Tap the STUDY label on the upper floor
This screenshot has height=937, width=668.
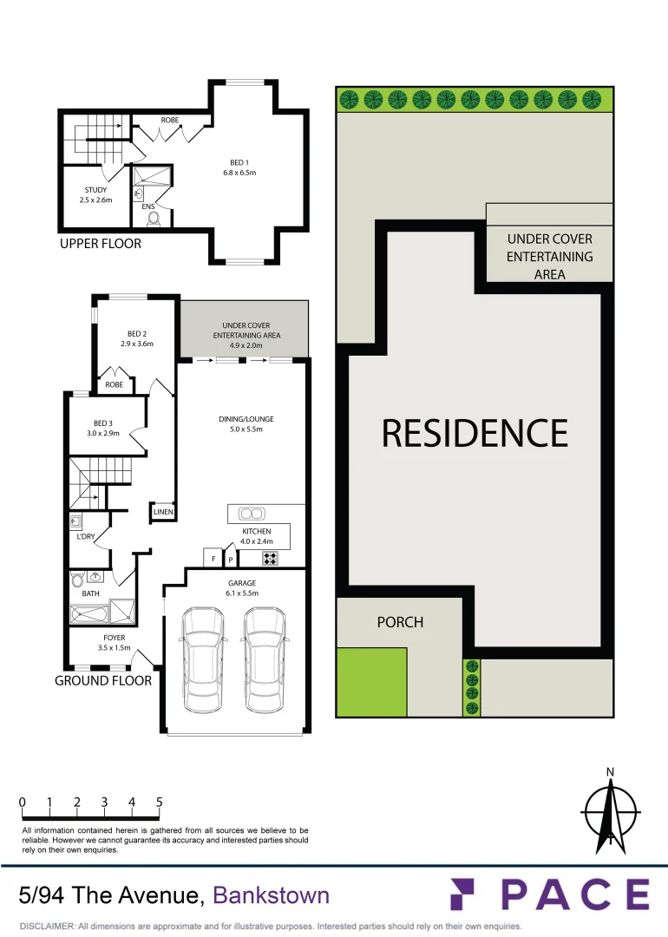(x=95, y=190)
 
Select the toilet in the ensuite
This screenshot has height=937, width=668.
(x=154, y=219)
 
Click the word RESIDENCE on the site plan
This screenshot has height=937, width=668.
(x=475, y=433)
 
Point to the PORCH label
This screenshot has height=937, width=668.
(x=400, y=622)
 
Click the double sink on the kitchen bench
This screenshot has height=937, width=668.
(x=251, y=512)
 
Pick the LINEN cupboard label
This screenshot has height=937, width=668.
(x=163, y=513)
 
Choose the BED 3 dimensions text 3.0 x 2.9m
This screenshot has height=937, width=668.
(x=104, y=433)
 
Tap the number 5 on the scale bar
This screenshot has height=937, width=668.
(x=160, y=803)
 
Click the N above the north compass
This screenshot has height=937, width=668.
(x=610, y=772)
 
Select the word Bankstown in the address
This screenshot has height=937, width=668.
(x=272, y=894)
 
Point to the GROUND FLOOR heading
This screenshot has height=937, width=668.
(x=103, y=681)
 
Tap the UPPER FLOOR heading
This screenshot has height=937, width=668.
(x=100, y=244)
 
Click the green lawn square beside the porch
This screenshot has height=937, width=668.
(x=371, y=682)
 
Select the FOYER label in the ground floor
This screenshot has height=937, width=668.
(x=114, y=638)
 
